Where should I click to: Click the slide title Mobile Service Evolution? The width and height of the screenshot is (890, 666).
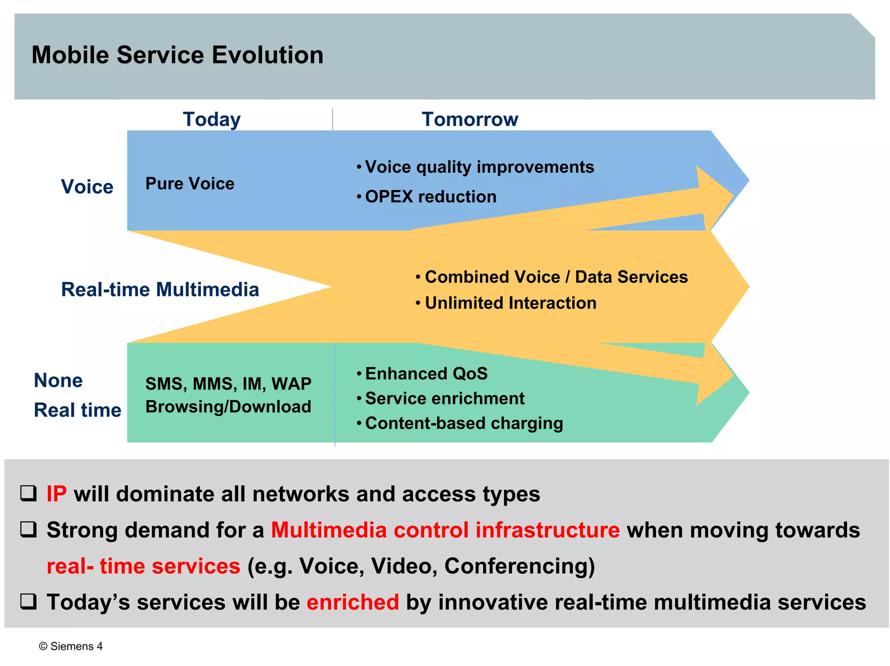[x=177, y=55]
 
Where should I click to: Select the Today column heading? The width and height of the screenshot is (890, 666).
[x=212, y=119]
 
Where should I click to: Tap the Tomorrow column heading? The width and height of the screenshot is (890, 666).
[x=470, y=119]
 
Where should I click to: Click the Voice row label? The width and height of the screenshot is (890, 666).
[x=87, y=187]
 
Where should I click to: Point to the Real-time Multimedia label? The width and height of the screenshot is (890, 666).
[x=160, y=290]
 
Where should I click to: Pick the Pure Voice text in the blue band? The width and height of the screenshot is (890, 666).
[x=189, y=184]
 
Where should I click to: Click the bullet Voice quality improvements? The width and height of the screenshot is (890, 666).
[x=479, y=167]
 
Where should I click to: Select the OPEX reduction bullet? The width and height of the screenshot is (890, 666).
[x=430, y=197]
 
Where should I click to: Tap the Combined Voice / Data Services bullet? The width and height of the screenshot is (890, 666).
[x=556, y=277]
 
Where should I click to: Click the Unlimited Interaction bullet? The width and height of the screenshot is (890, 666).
[x=510, y=303]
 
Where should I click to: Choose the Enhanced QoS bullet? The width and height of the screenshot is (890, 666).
[x=426, y=374]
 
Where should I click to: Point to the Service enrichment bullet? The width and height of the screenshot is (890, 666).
[x=444, y=399]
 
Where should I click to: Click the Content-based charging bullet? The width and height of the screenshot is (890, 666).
[x=464, y=423]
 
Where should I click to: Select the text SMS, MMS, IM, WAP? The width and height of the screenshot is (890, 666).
[x=228, y=384]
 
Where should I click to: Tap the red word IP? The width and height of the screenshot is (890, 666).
[x=56, y=494]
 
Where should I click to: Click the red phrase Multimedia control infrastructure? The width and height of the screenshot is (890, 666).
[x=445, y=530]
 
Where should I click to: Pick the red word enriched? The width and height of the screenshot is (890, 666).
[x=352, y=602]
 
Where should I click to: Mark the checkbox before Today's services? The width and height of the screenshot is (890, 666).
[x=29, y=601]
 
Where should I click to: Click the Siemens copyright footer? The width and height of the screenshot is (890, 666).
[x=71, y=646]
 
